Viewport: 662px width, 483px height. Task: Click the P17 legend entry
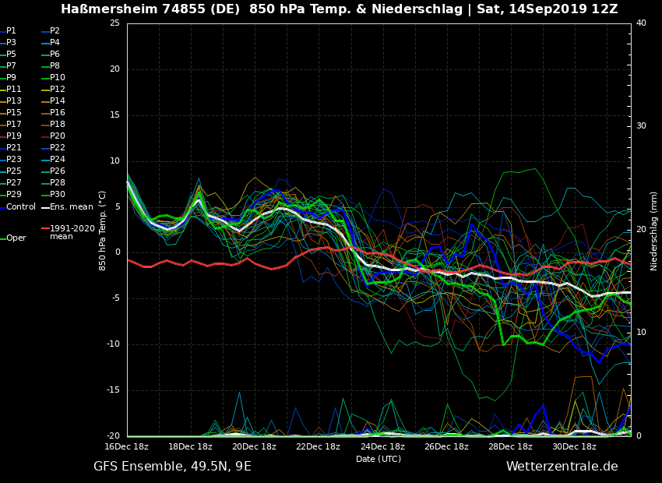pyautogui.click(x=14, y=125)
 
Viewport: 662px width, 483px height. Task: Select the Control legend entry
pyautogui.click(x=21, y=207)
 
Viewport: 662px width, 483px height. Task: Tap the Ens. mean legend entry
pyautogui.click(x=71, y=207)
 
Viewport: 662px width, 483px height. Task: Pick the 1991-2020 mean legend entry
pyautogui.click(x=72, y=232)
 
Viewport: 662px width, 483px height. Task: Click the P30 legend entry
pyautogui.click(x=58, y=195)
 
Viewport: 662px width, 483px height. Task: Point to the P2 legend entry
pyautogui.click(x=55, y=31)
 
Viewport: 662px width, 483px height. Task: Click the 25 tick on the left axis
pyautogui.click(x=114, y=23)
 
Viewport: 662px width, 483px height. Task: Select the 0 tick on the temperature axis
pyautogui.click(x=117, y=252)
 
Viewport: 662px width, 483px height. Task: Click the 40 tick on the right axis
pyautogui.click(x=641, y=23)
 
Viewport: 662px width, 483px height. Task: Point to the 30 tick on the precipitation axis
pyautogui.click(x=641, y=126)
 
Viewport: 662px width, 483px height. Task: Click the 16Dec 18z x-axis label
pyautogui.click(x=127, y=446)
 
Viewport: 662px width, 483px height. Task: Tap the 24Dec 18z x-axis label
pyautogui.click(x=382, y=446)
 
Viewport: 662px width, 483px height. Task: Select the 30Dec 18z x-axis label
pyautogui.click(x=574, y=446)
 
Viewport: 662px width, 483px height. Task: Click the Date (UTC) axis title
pyautogui.click(x=379, y=459)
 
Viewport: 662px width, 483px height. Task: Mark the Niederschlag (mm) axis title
pyautogui.click(x=654, y=231)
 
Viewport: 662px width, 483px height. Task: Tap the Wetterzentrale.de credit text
pyautogui.click(x=562, y=467)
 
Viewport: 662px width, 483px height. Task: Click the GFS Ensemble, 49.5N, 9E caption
pyautogui.click(x=172, y=467)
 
